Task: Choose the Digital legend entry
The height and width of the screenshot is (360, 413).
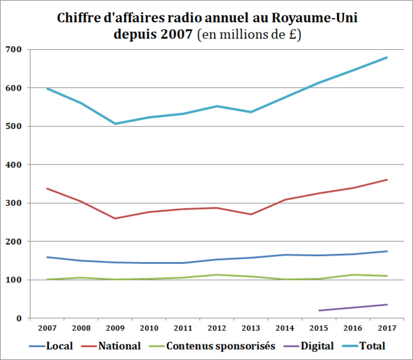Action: pyautogui.click(x=315, y=346)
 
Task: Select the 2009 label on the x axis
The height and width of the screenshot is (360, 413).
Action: pyautogui.click(x=114, y=328)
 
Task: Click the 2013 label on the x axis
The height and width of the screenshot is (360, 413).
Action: pyautogui.click(x=251, y=328)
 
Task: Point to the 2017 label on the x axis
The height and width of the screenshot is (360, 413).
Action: pyautogui.click(x=387, y=328)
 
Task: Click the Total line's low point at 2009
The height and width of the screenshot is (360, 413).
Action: pyautogui.click(x=114, y=124)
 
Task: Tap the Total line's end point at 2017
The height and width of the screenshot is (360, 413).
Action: pyautogui.click(x=387, y=58)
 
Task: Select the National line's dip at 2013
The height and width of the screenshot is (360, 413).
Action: pyautogui.click(x=251, y=214)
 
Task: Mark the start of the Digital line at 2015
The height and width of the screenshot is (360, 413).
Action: pyautogui.click(x=319, y=310)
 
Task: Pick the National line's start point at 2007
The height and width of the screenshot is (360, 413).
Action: pyautogui.click(x=47, y=188)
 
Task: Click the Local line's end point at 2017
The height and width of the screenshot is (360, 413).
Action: pyautogui.click(x=387, y=251)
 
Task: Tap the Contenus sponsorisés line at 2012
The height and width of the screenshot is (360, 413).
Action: pyautogui.click(x=216, y=275)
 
